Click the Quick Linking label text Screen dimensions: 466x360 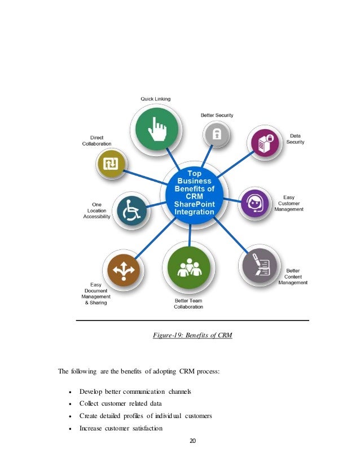coord(155,99)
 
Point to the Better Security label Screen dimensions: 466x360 coord(217,115)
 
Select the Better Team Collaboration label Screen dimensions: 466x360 coord(188,304)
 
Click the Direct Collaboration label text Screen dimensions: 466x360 coord(97,140)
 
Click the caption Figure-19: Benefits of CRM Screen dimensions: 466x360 coord(192,336)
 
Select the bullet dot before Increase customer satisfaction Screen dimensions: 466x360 coord(69,428)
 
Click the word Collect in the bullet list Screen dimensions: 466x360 coord(89,403)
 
